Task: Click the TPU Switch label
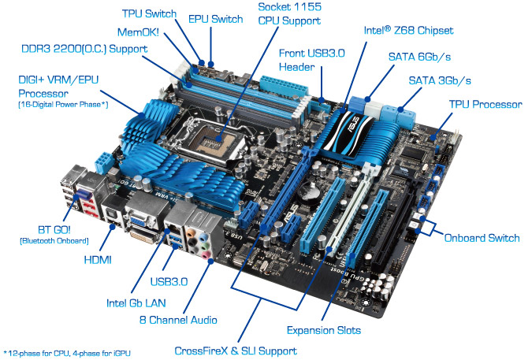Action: coord(149,13)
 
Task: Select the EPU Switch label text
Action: coord(215,19)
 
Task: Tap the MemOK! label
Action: coord(138,32)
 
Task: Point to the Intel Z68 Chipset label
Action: coord(408,31)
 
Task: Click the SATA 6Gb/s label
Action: coord(419,57)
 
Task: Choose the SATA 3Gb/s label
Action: coord(440,80)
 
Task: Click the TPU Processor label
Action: coord(485,105)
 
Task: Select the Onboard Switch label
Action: coord(482,238)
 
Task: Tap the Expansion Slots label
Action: coord(324,330)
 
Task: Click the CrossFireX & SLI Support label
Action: coord(236,351)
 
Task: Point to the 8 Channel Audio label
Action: coord(178,320)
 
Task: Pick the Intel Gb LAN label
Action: coord(136,303)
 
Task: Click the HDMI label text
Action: coord(98,260)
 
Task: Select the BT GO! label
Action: coord(54,230)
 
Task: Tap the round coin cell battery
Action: coord(309,192)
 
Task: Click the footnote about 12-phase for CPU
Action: coord(67,353)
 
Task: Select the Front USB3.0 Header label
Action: coord(312,60)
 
